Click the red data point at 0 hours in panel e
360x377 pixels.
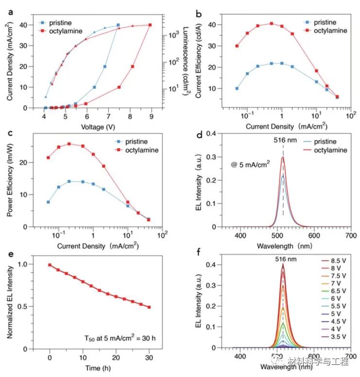(50, 265)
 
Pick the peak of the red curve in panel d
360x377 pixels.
(283, 157)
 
